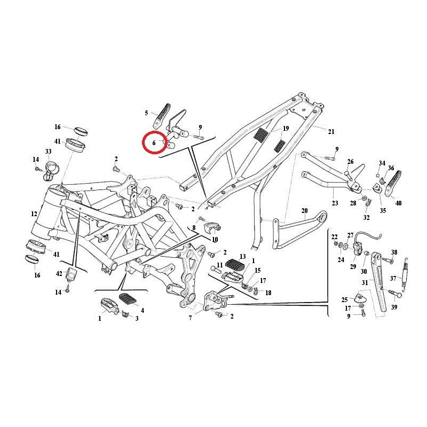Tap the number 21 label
[x=331, y=132]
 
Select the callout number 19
[x=286, y=129]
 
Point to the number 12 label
[x=34, y=214]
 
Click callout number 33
[x=48, y=152]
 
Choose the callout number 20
[x=305, y=210]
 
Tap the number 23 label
[x=335, y=203]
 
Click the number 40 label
[x=398, y=203]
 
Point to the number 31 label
[x=365, y=282]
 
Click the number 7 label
[x=190, y=318]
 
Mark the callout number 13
[x=242, y=257]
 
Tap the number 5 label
[x=146, y=113]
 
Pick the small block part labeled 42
[x=70, y=275]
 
